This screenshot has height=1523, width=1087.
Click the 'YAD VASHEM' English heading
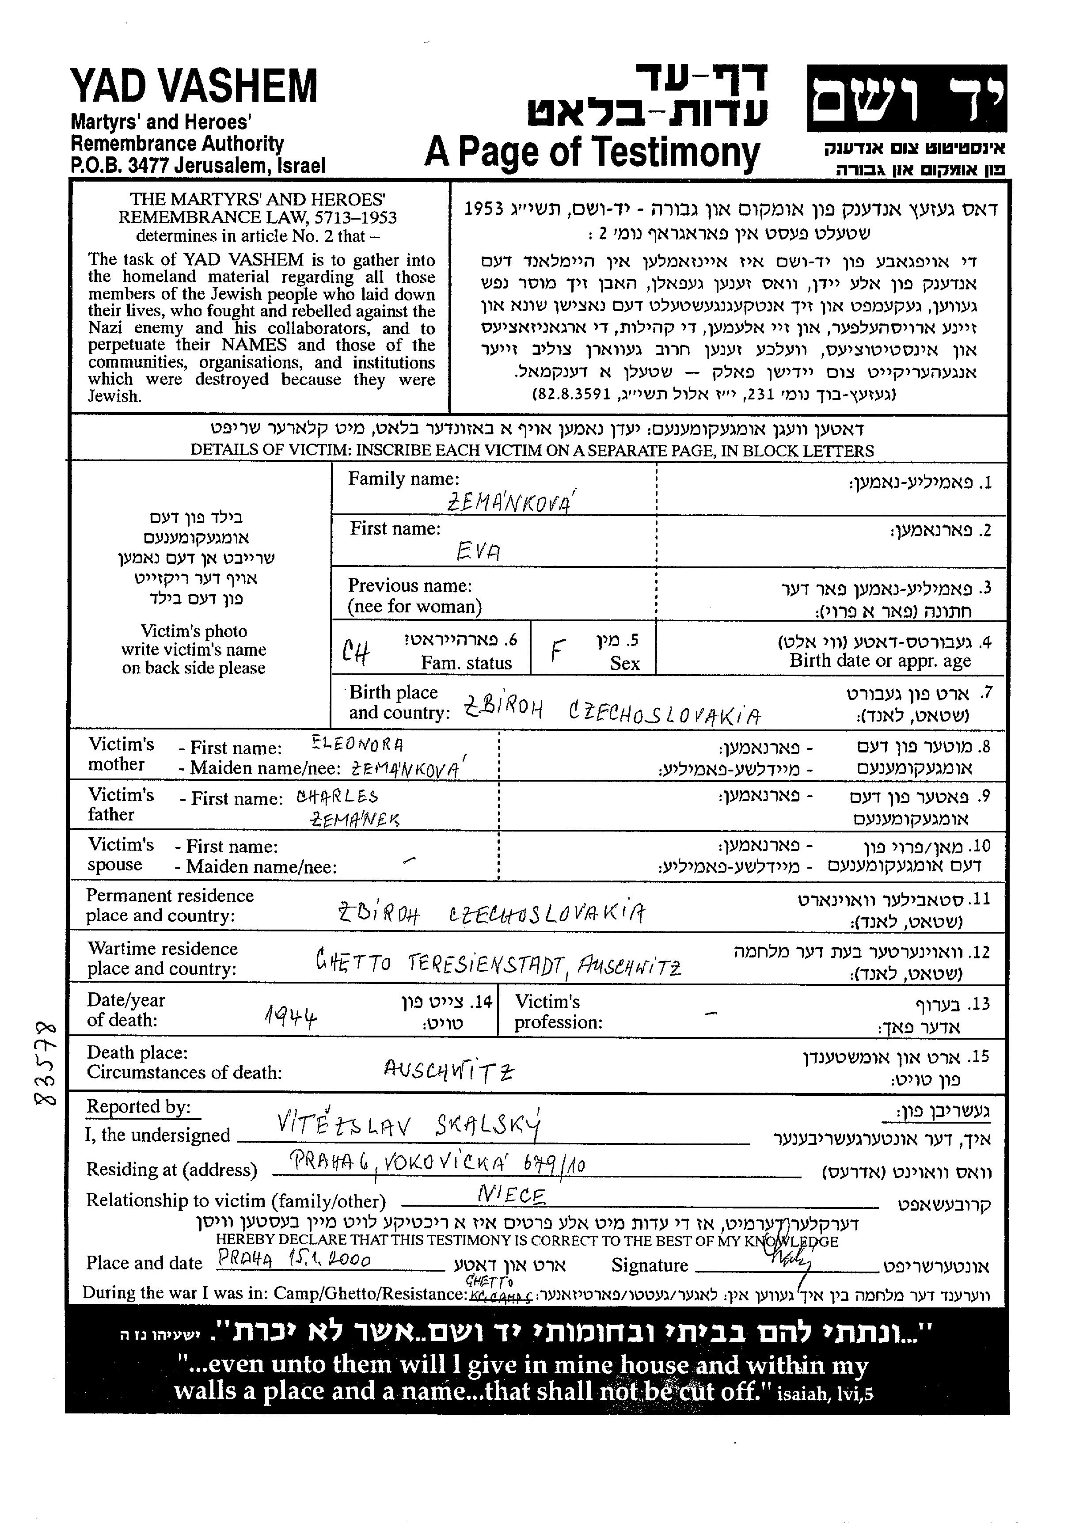194,87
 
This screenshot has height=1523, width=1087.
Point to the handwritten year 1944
290,1017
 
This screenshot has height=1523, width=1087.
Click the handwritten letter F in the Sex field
559,649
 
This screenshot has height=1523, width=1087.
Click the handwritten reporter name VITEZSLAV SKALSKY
408,1126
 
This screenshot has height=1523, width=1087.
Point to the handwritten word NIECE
512,1194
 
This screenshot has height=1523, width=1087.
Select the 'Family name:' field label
403,479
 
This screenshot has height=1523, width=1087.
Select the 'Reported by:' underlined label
138,1107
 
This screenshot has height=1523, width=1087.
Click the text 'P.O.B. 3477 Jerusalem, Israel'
198,165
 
